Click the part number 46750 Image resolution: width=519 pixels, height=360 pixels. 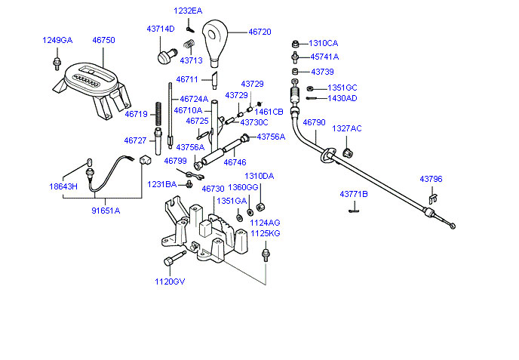click(103, 40)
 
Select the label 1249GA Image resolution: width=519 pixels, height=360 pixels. click(57, 40)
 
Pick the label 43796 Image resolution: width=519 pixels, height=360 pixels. click(431, 179)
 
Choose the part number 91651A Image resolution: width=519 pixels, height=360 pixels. click(106, 211)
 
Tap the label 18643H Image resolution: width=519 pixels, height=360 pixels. click(63, 186)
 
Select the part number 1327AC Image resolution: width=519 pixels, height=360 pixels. click(347, 128)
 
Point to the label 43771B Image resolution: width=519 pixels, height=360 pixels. click(353, 194)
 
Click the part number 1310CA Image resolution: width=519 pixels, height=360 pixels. click(324, 43)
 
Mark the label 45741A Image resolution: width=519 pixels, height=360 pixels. click(324, 57)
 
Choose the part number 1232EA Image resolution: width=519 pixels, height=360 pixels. click(188, 11)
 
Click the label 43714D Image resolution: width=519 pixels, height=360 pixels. click(160, 29)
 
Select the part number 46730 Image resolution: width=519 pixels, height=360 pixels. click(213, 188)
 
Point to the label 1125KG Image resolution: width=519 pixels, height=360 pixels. click(265, 233)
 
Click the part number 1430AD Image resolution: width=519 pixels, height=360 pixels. click(342, 98)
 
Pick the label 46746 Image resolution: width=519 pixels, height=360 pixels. click(235, 162)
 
